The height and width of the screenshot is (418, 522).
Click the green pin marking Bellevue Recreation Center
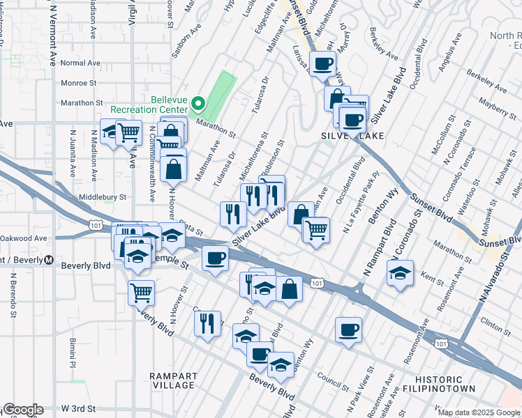point(198,104)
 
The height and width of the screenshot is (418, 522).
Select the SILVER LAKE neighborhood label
point(352,135)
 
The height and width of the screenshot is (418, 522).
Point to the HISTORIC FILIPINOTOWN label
point(439,382)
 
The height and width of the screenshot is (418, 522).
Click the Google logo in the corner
point(22,410)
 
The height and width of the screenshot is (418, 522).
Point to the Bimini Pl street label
point(71,353)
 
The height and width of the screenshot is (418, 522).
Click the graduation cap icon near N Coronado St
point(400,273)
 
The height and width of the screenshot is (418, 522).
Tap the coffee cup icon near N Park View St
point(348,330)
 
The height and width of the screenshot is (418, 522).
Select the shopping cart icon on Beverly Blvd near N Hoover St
point(141,293)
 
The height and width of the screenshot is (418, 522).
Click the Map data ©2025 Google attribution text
point(479,412)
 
